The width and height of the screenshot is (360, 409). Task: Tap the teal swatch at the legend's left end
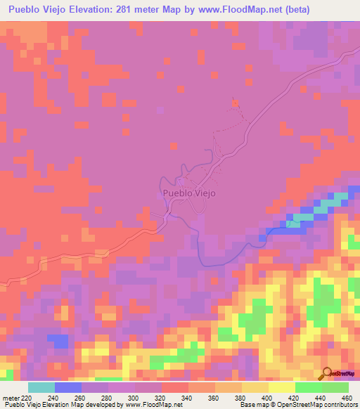click(x=41, y=387)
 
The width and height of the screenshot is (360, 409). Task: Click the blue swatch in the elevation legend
click(x=67, y=387)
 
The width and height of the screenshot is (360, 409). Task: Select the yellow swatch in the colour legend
click(x=281, y=387)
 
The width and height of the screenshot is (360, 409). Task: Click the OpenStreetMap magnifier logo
click(x=327, y=373)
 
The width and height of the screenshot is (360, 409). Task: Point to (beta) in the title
click(x=296, y=11)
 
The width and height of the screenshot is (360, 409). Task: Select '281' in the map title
click(x=141, y=11)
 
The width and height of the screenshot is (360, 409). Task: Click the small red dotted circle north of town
click(x=236, y=103)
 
